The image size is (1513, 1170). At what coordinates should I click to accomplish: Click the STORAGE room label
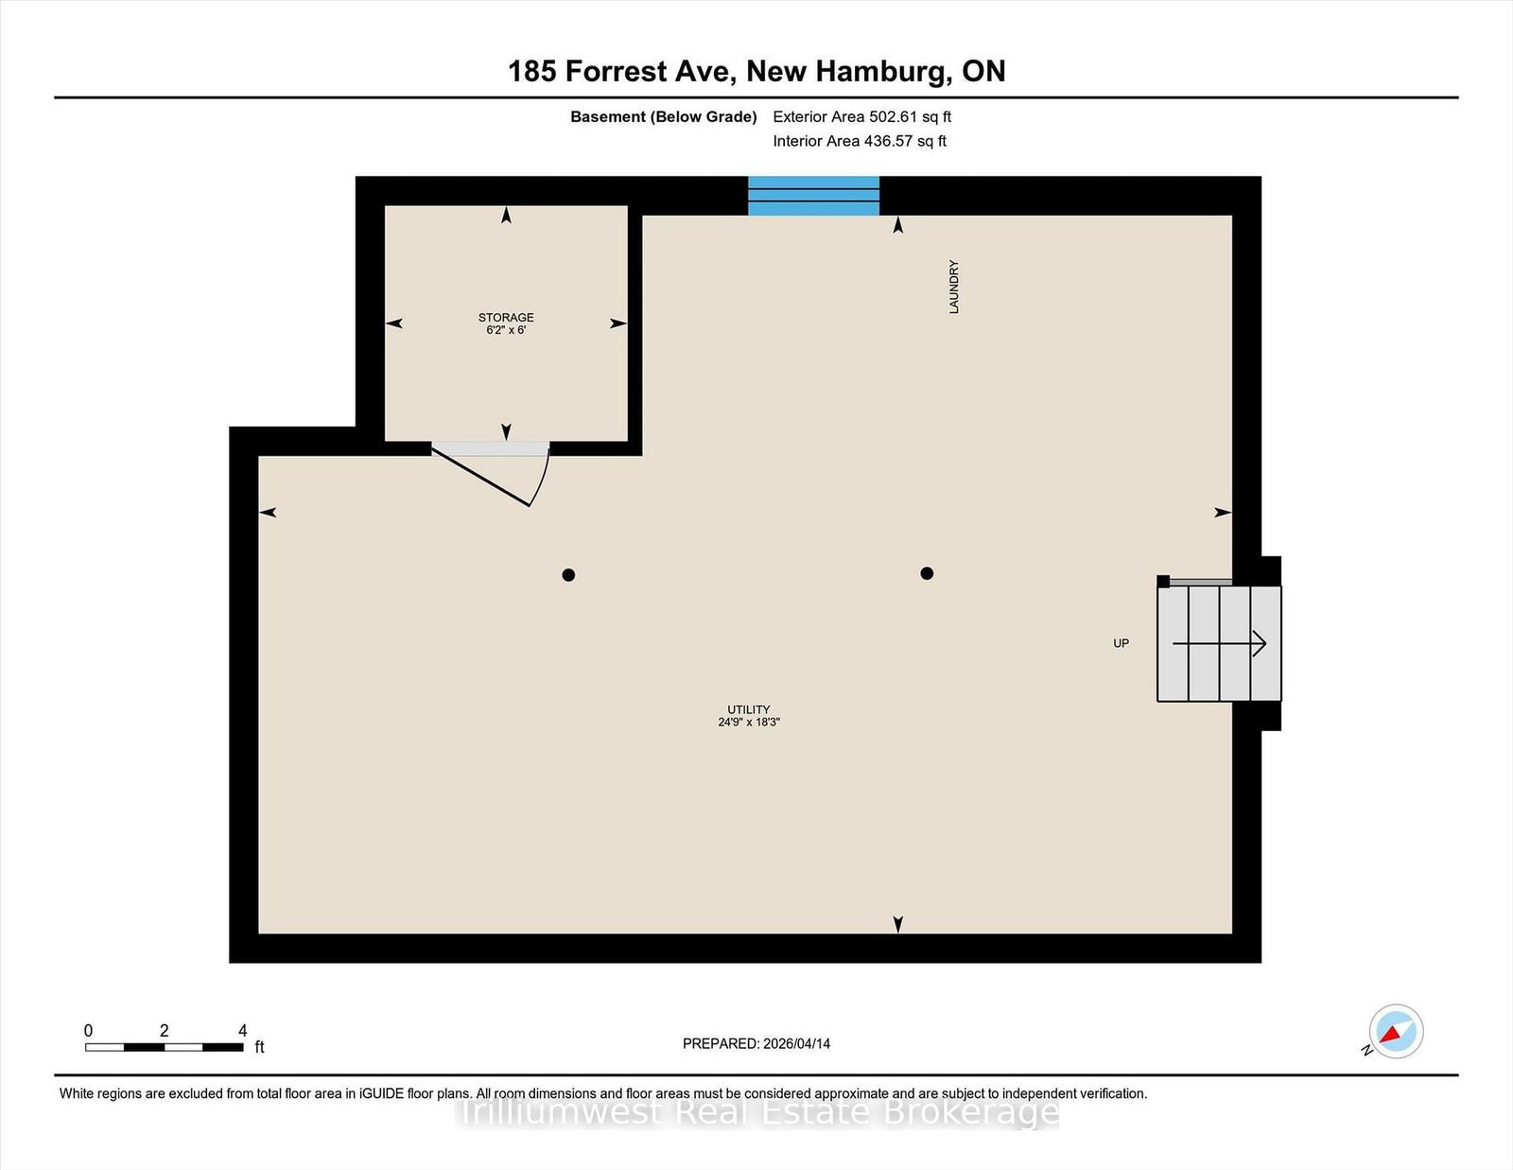pyautogui.click(x=506, y=317)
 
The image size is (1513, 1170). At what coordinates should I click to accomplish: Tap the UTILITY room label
pyautogui.click(x=749, y=709)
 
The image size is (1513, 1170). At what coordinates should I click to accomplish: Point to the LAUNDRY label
pyautogui.click(x=954, y=287)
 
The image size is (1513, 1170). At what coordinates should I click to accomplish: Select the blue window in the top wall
pyautogui.click(x=813, y=196)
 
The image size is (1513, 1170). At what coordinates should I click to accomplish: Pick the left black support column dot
pyautogui.click(x=568, y=574)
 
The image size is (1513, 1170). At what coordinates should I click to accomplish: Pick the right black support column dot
pyautogui.click(x=927, y=573)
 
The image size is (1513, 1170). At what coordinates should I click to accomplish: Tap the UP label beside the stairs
pyautogui.click(x=1121, y=643)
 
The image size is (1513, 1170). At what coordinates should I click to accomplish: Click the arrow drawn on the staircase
pyautogui.click(x=1219, y=643)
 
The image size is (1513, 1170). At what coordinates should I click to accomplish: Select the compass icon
pyautogui.click(x=1396, y=1031)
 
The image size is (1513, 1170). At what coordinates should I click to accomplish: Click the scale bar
pyautogui.click(x=165, y=1047)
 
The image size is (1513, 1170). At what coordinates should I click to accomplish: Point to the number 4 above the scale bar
pyautogui.click(x=242, y=1030)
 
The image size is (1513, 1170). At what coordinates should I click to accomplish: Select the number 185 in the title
pyautogui.click(x=532, y=71)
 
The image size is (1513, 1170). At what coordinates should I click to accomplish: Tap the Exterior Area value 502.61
pyautogui.click(x=893, y=117)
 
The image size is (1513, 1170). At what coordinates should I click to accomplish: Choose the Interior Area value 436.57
pyautogui.click(x=888, y=141)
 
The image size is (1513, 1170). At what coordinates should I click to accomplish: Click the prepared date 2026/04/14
pyautogui.click(x=796, y=1043)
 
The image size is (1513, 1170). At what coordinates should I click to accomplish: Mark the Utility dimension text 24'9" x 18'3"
pyautogui.click(x=749, y=723)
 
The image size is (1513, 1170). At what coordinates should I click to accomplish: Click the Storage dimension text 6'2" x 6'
pyautogui.click(x=506, y=329)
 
